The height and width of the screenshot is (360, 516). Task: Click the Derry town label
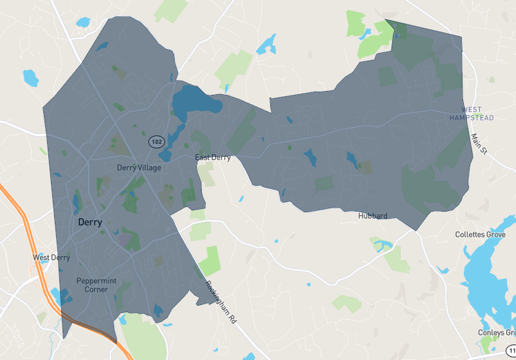pos(90,223)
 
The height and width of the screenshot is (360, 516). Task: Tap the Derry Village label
pos(139,168)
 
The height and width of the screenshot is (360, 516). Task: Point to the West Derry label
pos(51,258)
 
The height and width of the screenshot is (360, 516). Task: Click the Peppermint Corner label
pos(96,285)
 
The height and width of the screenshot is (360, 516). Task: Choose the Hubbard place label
pos(373,216)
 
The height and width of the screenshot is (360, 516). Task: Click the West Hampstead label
pos(472,114)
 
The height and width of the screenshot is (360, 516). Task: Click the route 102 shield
pos(156,141)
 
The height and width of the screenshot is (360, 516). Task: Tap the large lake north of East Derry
pos(196,101)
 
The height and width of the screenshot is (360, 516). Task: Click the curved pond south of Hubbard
pos(383,245)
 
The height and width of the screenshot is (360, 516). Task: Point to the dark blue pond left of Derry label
pos(77,202)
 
